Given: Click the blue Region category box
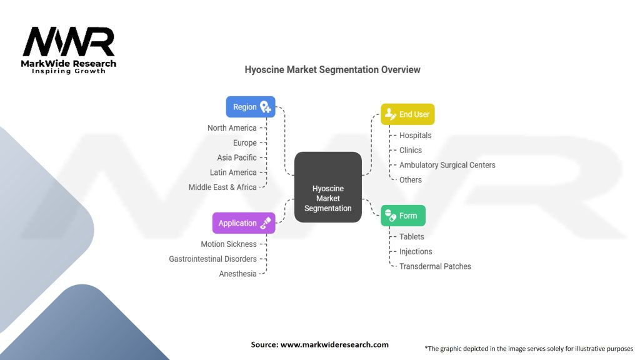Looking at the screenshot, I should point(250,107).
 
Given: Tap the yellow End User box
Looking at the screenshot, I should point(407,114).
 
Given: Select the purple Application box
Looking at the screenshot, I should point(243,223).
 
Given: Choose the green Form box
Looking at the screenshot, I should point(403,216).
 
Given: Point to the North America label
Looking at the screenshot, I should point(232,128).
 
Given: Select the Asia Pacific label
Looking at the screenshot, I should point(237,157).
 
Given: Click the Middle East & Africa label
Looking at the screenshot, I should point(222,187).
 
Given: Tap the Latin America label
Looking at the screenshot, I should point(233,172).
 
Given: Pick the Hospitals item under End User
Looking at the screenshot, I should point(415,136).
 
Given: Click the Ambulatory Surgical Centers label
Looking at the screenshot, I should point(447,165).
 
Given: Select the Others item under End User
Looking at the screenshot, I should point(411,180).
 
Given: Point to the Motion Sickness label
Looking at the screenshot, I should point(229,244).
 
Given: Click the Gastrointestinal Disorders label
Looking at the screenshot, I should point(212,259).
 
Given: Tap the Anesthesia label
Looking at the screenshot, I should point(237,274).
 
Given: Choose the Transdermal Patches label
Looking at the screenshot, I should point(435,266).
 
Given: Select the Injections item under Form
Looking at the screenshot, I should point(416,251).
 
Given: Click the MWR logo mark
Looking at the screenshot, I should point(69,42).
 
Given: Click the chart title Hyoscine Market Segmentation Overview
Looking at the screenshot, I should point(332,70).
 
